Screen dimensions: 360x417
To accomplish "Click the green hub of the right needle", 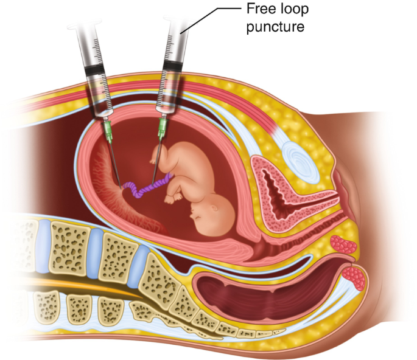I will pyautogui.click(x=162, y=125).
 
